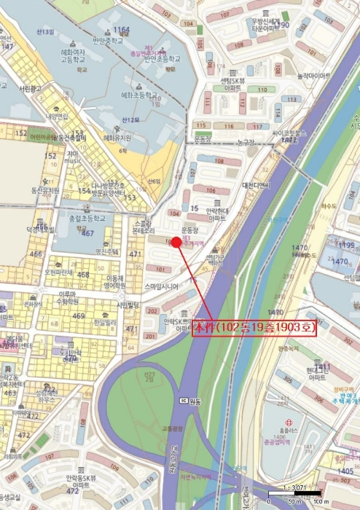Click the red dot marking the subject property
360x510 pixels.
pos(176,242)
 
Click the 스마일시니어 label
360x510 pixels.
pos(162,286)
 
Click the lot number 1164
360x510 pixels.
pos(122,30)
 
